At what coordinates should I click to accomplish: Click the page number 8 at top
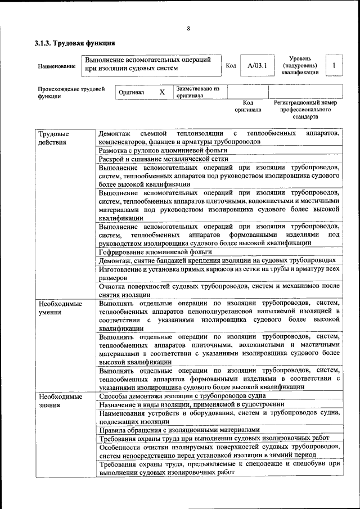tap(188, 29)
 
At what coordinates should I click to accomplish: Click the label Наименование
tap(57, 66)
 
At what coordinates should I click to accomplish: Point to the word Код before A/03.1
tap(231, 66)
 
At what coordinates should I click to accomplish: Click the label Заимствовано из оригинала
tap(197, 92)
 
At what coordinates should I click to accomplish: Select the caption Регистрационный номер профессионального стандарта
tap(305, 110)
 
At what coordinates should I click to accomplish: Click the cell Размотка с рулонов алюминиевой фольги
tap(163, 151)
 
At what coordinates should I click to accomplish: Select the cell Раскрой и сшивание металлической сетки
tap(163, 159)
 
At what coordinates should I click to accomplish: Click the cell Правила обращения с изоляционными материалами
tap(179, 430)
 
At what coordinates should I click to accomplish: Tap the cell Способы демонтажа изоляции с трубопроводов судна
tap(178, 396)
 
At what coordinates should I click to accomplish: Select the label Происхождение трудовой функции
tap(71, 92)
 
